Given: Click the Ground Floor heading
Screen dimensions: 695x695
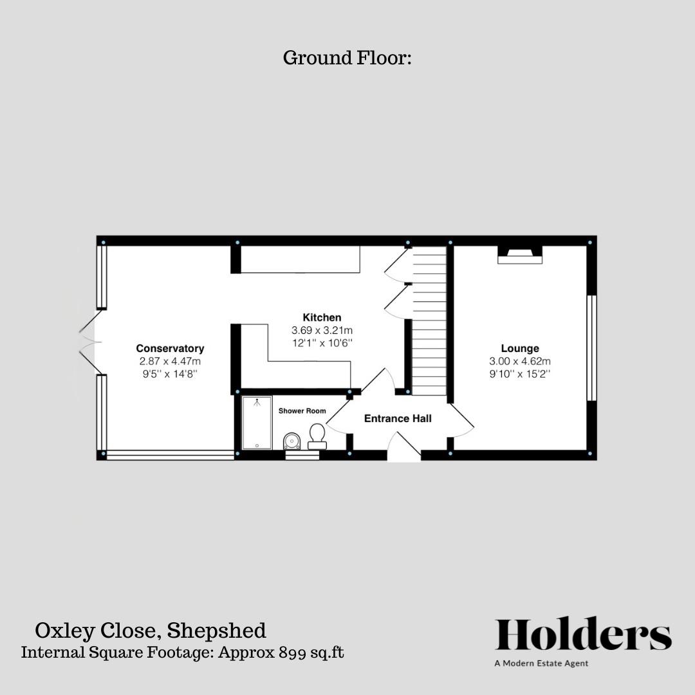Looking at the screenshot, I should pyautogui.click(x=347, y=58).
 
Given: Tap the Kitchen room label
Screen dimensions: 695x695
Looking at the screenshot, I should pyautogui.click(x=322, y=317).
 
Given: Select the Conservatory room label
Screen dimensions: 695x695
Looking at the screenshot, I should pyautogui.click(x=170, y=348).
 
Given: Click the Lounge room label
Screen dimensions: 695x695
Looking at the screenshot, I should pyautogui.click(x=520, y=348).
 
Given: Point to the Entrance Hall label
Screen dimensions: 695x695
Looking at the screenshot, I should pyautogui.click(x=398, y=418).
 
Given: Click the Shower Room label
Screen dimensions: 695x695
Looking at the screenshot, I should pyautogui.click(x=302, y=411).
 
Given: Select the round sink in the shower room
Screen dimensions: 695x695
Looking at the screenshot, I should pyautogui.click(x=292, y=441).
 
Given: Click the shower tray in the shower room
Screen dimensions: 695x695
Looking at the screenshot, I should pyautogui.click(x=257, y=423).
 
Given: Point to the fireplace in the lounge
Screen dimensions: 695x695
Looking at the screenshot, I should pyautogui.click(x=520, y=255).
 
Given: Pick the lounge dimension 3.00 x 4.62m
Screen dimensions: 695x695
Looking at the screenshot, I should pyautogui.click(x=520, y=361).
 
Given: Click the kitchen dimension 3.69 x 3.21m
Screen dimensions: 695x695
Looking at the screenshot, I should pyautogui.click(x=322, y=330).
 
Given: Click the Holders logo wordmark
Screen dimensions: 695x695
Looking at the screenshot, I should pyautogui.click(x=583, y=635).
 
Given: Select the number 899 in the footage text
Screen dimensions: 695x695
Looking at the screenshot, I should pyautogui.click(x=292, y=653).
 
